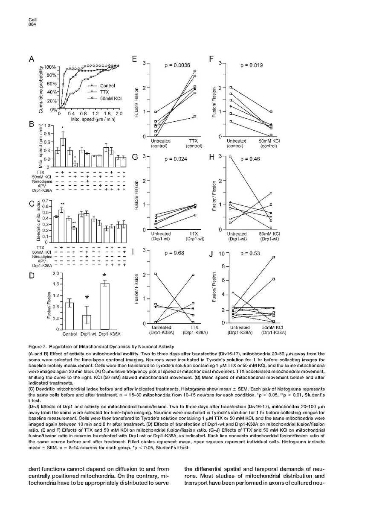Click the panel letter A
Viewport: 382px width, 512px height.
(x=32, y=61)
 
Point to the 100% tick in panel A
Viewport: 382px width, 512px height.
(x=51, y=67)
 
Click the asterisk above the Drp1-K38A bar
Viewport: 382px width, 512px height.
(x=104, y=276)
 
